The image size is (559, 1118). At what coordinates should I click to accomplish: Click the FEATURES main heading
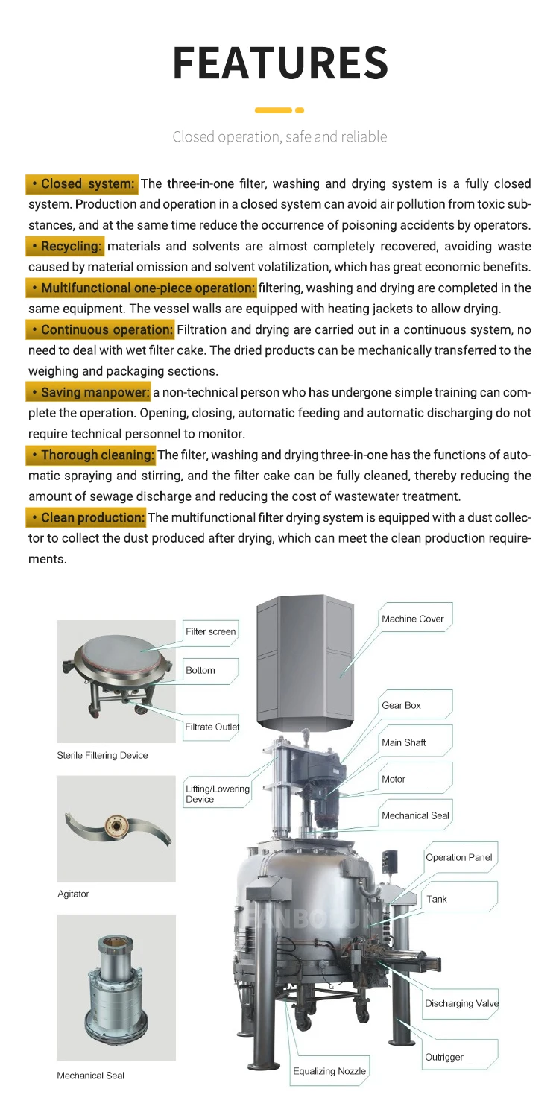pos(279,63)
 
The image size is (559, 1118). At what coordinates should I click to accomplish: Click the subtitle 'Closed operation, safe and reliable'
pos(279,136)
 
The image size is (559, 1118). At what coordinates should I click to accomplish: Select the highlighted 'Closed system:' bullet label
pos(83,183)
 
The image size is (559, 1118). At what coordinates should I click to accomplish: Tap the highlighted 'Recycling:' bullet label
pos(66,246)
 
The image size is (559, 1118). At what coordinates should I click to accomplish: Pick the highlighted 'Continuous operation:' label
pos(101,329)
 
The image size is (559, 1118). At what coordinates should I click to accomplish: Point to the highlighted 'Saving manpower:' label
pos(89,391)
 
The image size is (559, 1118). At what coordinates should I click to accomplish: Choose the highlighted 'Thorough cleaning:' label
pos(91,454)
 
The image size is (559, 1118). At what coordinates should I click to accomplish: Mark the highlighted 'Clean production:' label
pos(86,517)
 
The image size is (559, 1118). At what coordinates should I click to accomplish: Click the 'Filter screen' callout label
pos(210,631)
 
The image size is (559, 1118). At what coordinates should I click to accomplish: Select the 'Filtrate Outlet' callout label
pos(212,727)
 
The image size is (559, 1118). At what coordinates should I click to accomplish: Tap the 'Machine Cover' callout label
pos(412,619)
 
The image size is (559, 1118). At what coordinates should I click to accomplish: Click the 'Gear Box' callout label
pos(401,705)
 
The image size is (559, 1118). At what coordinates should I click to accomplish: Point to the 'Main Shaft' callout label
pos(403,742)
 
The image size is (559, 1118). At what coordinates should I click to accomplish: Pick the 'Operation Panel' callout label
pos(458,857)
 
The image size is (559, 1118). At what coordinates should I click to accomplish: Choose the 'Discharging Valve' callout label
pos(461,1003)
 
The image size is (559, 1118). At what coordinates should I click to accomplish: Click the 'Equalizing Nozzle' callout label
pos(329,1071)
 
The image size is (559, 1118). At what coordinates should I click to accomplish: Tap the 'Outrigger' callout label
pos(443,1057)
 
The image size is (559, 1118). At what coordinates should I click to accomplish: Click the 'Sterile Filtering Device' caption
pos(102,755)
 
